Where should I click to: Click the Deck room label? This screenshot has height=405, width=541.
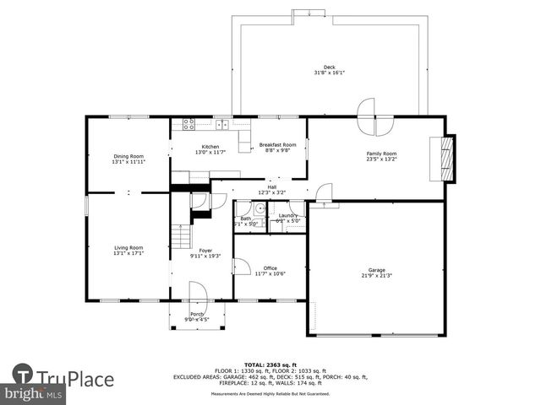pos(329,67)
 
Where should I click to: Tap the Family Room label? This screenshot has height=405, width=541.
pos(381,154)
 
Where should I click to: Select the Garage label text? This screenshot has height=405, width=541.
pos(376,271)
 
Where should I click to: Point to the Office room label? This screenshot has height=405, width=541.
pos(270,268)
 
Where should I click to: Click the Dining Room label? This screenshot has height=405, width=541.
pos(128,156)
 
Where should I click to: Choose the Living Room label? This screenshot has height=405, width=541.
pos(128,247)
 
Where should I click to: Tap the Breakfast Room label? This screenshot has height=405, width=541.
pos(277,144)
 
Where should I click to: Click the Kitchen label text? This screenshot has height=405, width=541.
pos(210,147)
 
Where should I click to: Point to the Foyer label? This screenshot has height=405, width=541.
pos(205,251)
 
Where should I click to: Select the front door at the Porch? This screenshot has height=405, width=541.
pos(197,295)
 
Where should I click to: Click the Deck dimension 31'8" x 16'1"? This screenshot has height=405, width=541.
pos(329,73)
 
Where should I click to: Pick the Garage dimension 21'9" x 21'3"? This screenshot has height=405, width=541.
pos(376,276)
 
